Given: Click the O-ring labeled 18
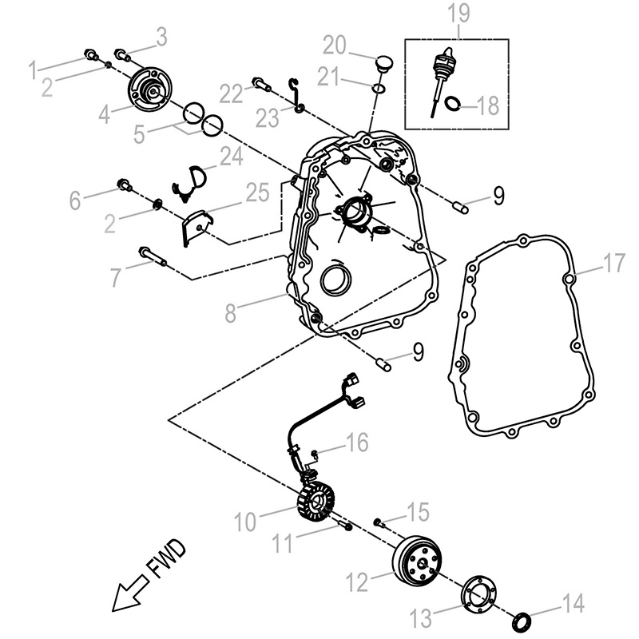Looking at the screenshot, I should point(453,102).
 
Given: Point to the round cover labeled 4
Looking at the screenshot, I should point(149,90).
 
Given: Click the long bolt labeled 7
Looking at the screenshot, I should point(152,256).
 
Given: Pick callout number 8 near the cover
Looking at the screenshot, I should point(230,312).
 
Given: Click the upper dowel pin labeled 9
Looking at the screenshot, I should point(460,207).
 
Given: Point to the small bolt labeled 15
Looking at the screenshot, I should point(378,522).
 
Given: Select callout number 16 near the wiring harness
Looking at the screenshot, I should point(356,443).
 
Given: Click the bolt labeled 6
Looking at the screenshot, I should point(125,185).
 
